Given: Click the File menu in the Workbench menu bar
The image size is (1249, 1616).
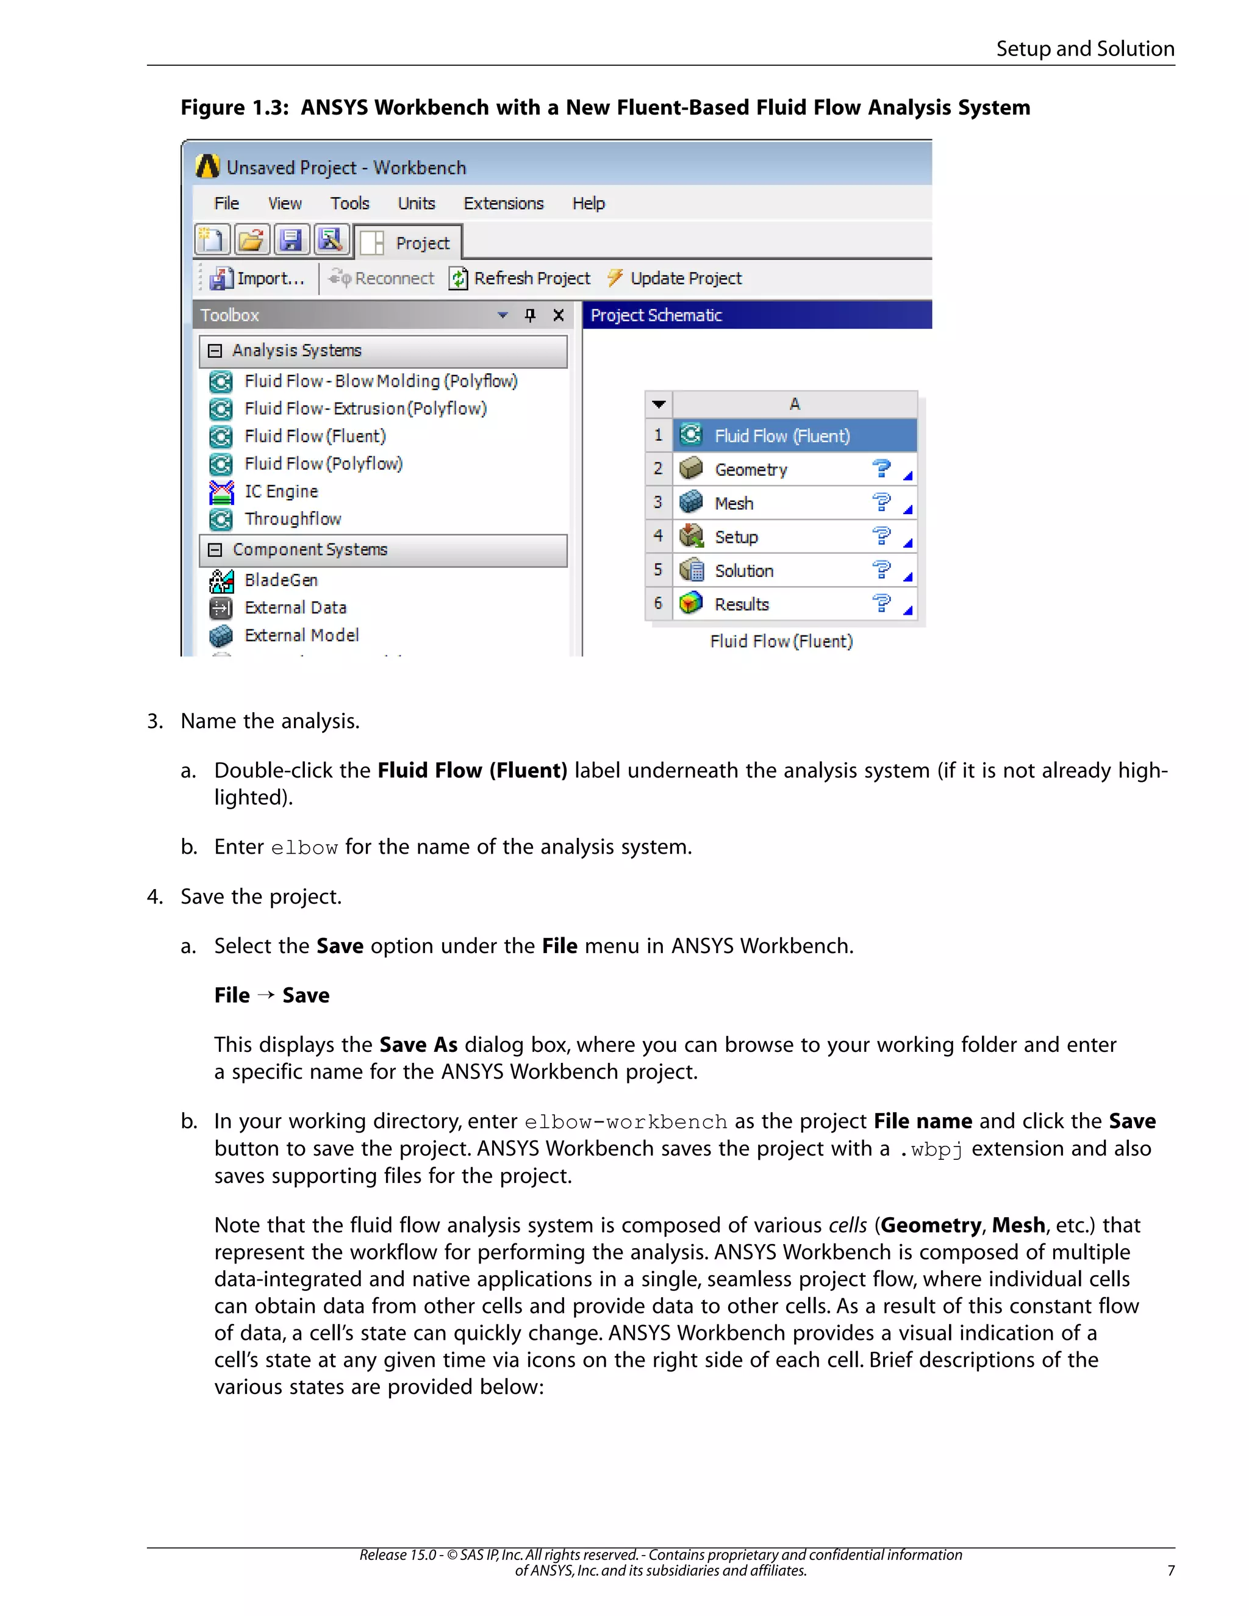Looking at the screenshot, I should pos(226,204).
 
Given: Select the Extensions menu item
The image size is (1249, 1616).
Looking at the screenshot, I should pos(503,204).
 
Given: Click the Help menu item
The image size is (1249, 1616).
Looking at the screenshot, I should pos(589,204).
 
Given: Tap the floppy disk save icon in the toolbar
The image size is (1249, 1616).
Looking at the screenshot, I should pos(291,240).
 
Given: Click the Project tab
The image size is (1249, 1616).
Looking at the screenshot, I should pos(409,243).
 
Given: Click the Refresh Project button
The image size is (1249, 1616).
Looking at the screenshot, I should pos(520,278).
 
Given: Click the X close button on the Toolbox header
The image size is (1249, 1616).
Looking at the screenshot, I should pos(559,315).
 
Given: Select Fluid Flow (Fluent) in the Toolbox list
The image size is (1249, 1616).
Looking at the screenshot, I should pos(315,437).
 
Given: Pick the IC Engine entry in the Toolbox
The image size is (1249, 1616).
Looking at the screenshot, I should pos(281,492).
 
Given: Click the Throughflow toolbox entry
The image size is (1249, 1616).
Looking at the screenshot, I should pos(293,519).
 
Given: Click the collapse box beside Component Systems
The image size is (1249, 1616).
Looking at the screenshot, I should pos(215,550).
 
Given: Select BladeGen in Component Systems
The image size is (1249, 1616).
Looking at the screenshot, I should pos(281,580).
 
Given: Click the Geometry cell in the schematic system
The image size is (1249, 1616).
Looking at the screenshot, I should pos(751,470).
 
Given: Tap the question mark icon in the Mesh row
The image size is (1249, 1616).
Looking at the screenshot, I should pos(881,503).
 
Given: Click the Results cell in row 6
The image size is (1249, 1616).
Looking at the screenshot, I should pos(742,604).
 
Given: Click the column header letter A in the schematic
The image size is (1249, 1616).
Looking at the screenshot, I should pos(795,404).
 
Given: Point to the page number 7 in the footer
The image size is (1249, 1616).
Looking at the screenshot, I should pos(1170,1571).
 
